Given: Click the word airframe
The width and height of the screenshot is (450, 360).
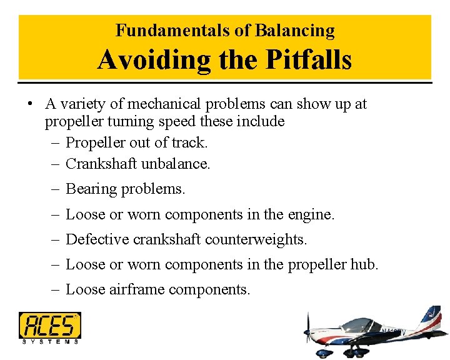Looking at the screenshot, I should [135, 289].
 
